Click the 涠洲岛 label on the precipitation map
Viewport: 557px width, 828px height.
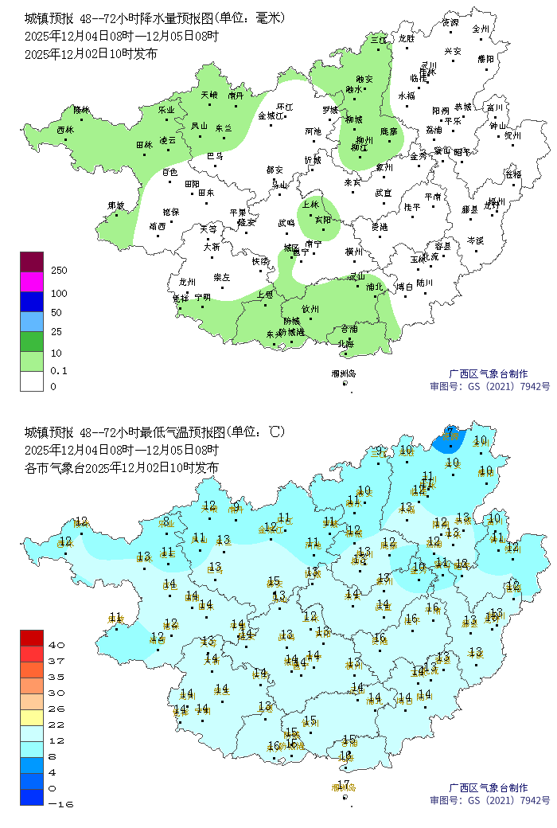[x=344, y=373]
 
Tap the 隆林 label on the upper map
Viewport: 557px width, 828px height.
[x=81, y=109]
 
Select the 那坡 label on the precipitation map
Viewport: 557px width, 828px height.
[x=116, y=205]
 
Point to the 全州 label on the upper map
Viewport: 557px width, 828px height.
[x=480, y=28]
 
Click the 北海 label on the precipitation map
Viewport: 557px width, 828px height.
[x=345, y=344]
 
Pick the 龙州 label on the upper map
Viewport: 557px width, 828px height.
[x=187, y=282]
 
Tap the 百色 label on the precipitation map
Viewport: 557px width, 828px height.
[x=170, y=172]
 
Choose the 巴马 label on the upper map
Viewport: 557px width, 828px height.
[x=215, y=156]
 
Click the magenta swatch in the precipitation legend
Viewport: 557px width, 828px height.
[x=32, y=281]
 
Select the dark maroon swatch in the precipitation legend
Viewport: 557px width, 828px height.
[x=32, y=261]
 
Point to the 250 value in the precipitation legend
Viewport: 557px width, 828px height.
[x=59, y=271]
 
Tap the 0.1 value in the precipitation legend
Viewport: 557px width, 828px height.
[x=59, y=370]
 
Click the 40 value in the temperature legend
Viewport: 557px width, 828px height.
[x=57, y=645]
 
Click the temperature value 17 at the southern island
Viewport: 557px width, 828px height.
[x=342, y=786]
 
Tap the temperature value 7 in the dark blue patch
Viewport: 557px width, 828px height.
[x=450, y=432]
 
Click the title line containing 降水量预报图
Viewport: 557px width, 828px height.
[x=154, y=18]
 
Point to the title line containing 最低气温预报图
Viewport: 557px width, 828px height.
[x=154, y=432]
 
